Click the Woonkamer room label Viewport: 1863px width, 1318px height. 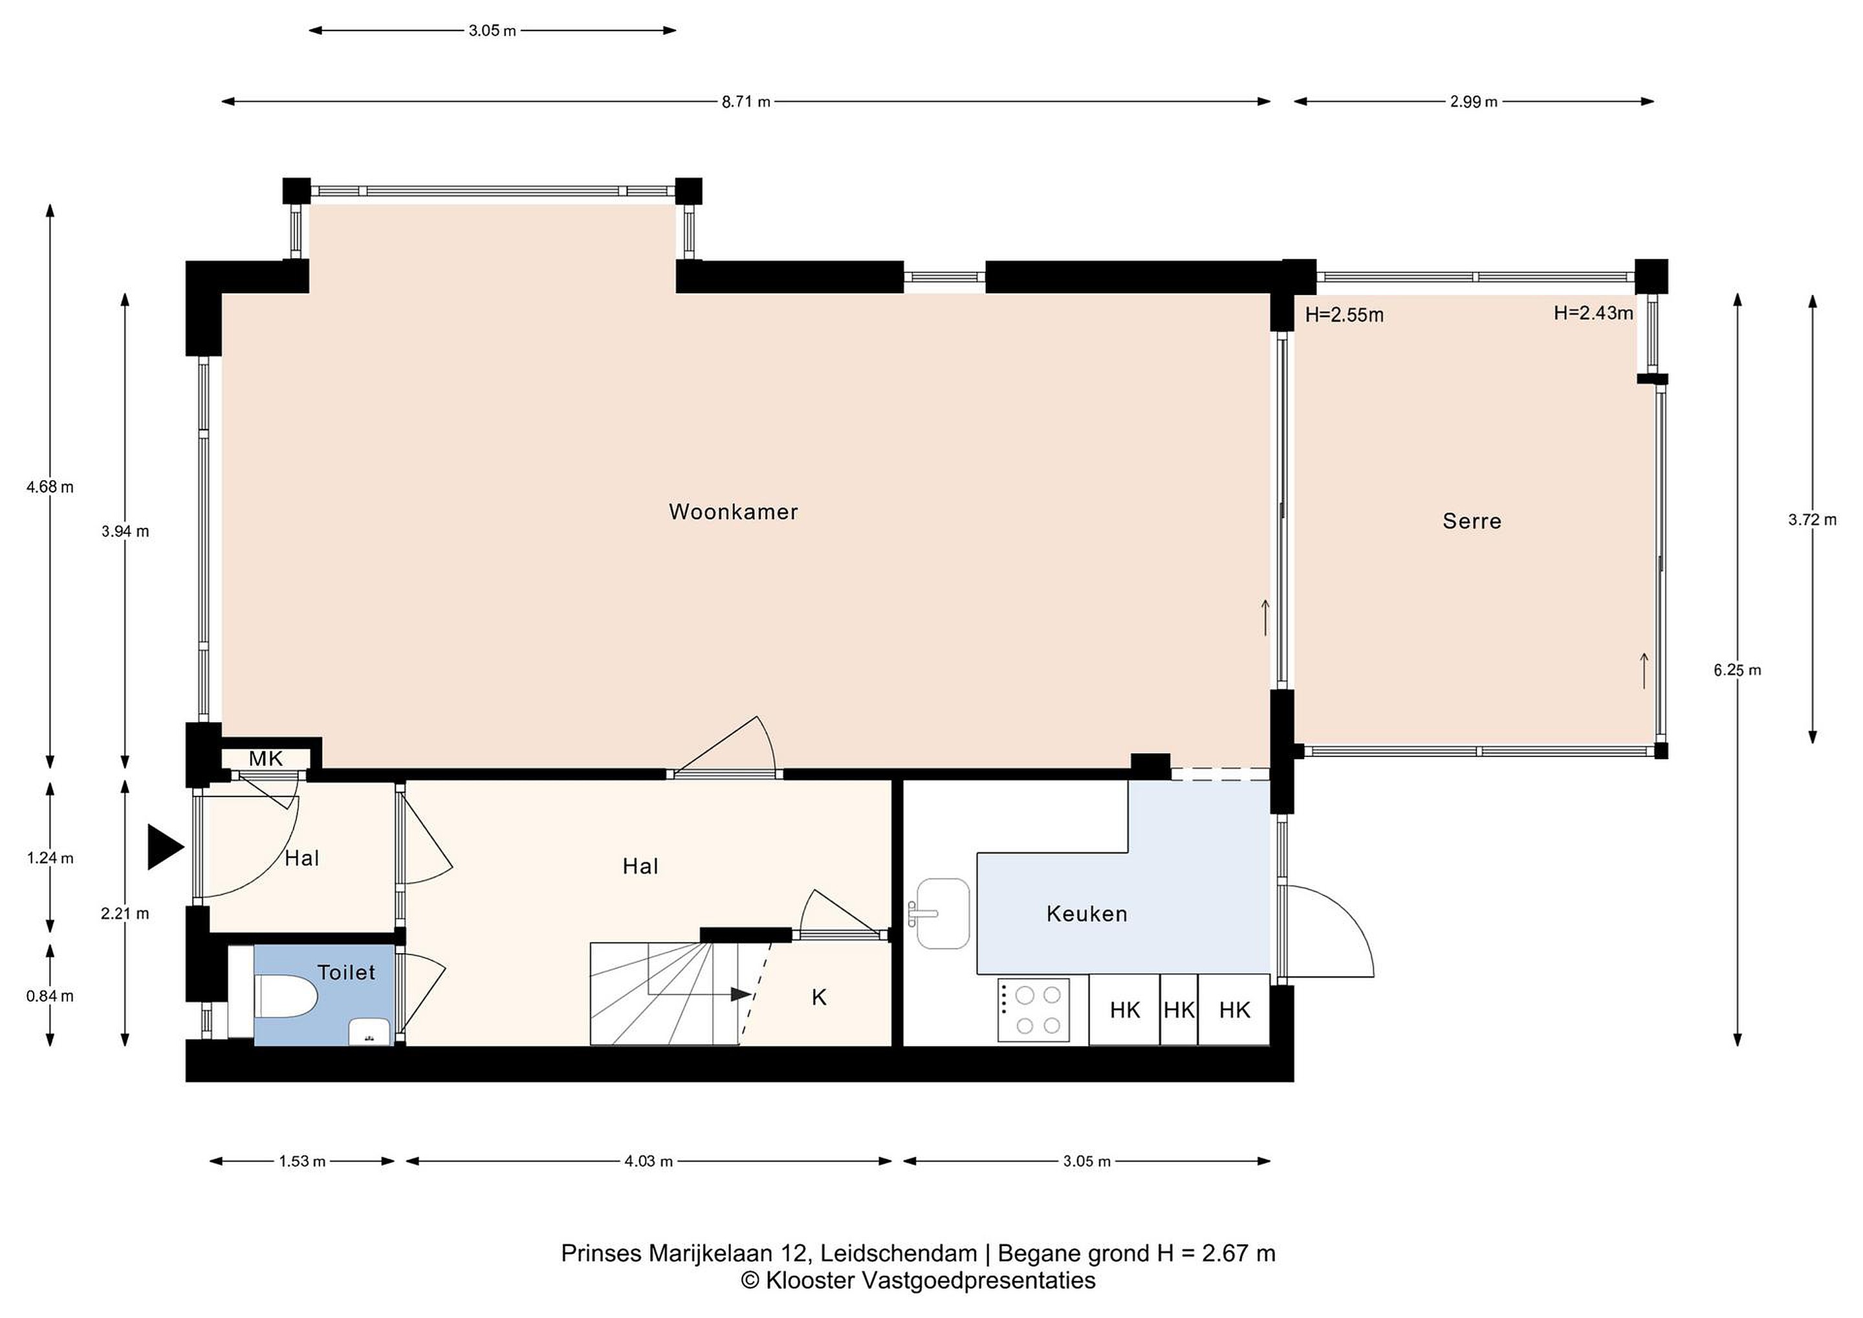pos(733,511)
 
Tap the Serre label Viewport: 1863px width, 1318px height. pos(1472,521)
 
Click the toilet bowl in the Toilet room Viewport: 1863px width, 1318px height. pos(286,995)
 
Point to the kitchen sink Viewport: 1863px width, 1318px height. pos(943,913)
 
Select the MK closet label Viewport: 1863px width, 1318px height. pos(265,759)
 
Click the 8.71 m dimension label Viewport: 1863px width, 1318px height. pos(746,102)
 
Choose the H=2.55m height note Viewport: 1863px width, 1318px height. pos(1344,315)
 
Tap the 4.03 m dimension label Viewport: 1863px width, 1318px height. pos(648,1161)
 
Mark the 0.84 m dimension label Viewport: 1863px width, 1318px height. pos(50,996)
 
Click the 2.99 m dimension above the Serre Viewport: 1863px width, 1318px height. pos(1474,102)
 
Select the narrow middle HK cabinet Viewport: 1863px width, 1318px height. pos(1179,1009)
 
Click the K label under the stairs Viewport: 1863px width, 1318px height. pos(819,998)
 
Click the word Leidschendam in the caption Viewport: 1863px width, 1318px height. pos(899,1253)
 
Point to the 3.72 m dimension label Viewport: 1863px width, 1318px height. pos(1813,520)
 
